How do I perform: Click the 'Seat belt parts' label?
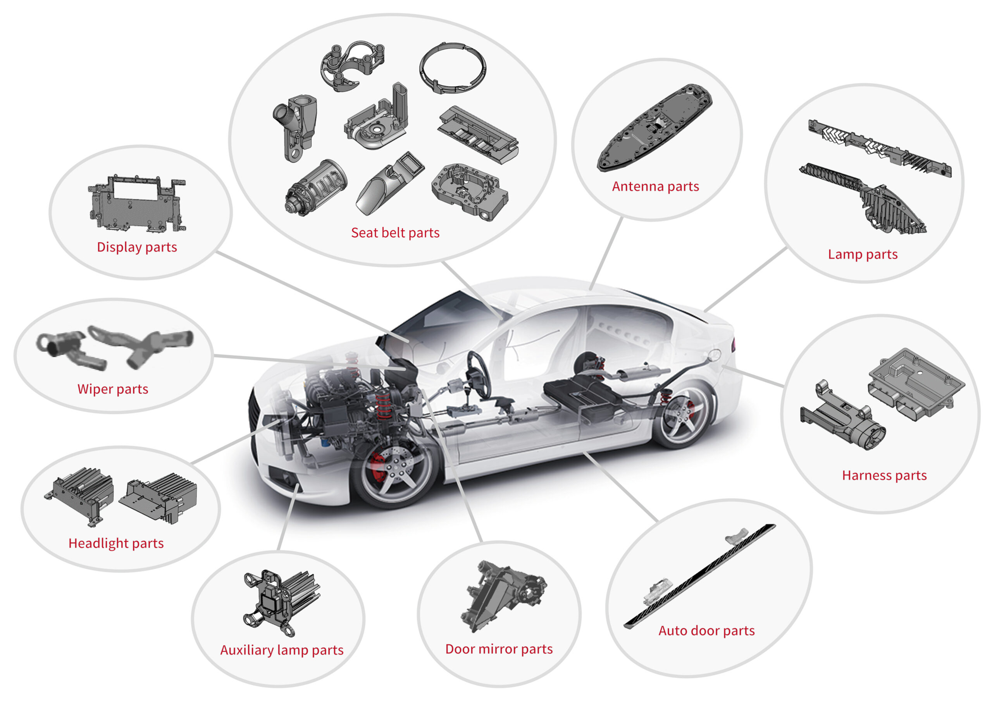[395, 233]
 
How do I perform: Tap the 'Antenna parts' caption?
[655, 186]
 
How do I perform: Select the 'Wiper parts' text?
[113, 389]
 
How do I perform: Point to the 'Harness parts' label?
[884, 475]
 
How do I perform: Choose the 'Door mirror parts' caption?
[499, 649]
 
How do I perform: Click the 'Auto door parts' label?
[706, 630]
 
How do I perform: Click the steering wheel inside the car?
[480, 374]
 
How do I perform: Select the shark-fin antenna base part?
[654, 127]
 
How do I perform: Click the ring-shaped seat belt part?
[452, 68]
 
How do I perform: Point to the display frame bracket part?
[137, 203]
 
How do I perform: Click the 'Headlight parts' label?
[116, 543]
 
